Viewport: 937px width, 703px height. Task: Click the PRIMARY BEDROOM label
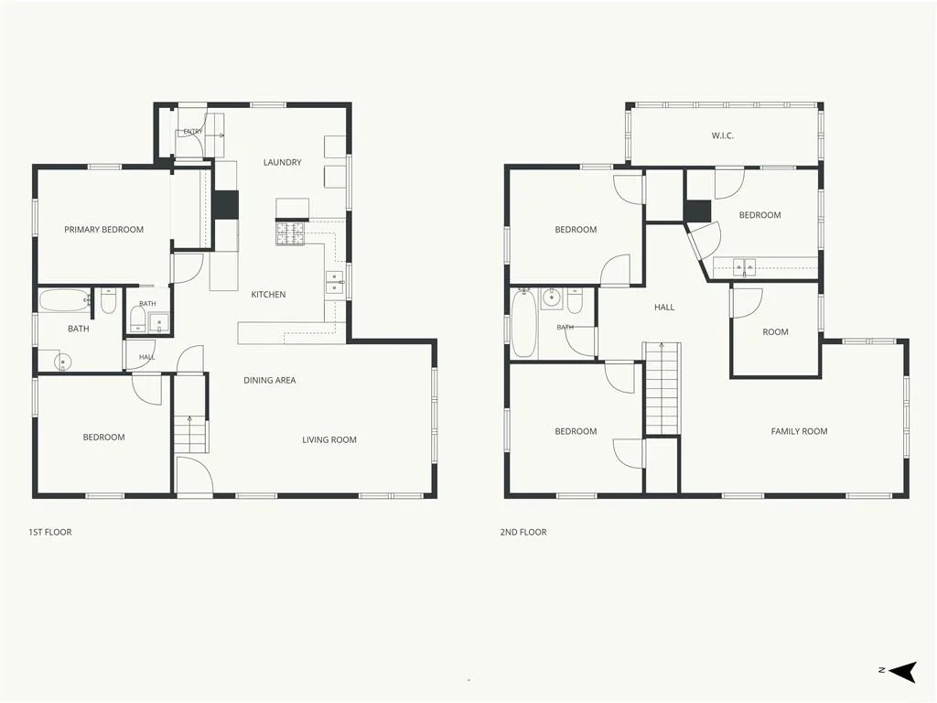(104, 230)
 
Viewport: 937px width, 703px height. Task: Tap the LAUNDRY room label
(282, 162)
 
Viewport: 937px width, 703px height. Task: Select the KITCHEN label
(268, 294)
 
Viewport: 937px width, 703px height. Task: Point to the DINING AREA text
(270, 380)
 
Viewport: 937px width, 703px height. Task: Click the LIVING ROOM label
(329, 440)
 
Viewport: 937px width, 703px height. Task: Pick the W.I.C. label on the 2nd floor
(723, 135)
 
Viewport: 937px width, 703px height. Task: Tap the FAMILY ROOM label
(799, 431)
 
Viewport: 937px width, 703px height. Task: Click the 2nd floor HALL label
(664, 308)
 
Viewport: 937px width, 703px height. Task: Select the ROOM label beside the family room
(775, 331)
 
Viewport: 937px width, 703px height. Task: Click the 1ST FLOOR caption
(50, 532)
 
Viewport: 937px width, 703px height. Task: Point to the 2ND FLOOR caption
(523, 532)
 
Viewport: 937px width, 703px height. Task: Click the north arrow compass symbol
(901, 671)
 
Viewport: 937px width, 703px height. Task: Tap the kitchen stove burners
(291, 233)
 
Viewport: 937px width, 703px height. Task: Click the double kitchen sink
(335, 282)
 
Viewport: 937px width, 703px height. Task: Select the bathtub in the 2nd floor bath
(524, 323)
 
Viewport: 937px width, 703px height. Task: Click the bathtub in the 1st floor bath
(65, 300)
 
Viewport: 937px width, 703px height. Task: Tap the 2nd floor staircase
(662, 388)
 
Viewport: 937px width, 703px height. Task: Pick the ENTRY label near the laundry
(193, 132)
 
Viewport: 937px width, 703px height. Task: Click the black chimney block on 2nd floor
(697, 211)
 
